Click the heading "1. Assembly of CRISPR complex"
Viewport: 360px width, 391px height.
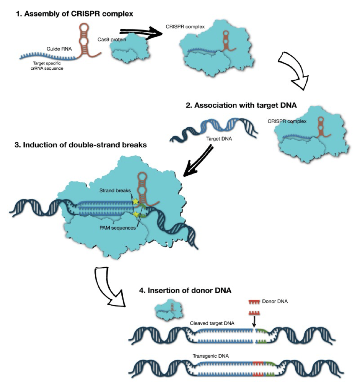click(74, 14)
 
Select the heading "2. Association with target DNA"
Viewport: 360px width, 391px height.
click(241, 106)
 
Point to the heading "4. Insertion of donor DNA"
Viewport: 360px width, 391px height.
click(185, 290)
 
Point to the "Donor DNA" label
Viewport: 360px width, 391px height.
click(275, 301)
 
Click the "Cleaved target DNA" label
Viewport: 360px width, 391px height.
click(212, 323)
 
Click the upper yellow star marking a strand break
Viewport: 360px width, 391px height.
click(135, 201)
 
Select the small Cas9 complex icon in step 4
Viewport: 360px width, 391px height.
click(168, 310)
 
